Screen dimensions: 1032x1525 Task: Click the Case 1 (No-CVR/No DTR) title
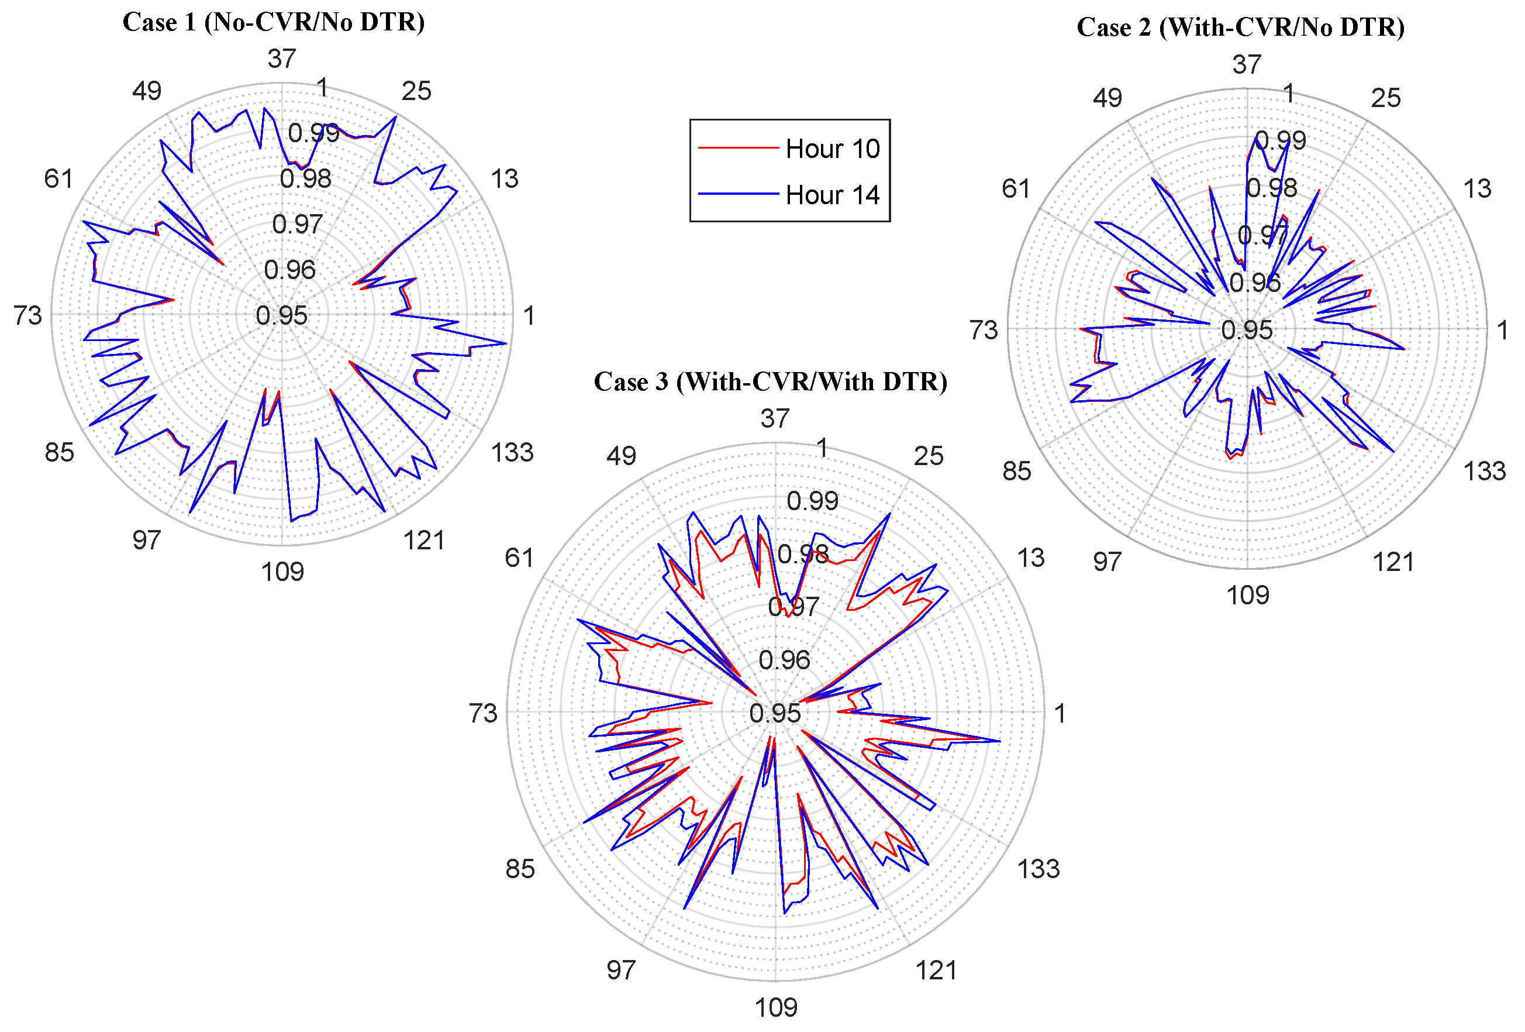click(274, 22)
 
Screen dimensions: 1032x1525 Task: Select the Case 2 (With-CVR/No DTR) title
click(1240, 27)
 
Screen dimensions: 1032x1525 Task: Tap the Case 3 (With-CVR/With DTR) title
click(770, 381)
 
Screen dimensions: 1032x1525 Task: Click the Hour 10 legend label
click(832, 149)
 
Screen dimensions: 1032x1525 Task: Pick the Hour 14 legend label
click(832, 195)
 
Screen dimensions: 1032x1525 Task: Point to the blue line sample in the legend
click(737, 194)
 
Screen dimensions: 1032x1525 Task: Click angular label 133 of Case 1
click(512, 452)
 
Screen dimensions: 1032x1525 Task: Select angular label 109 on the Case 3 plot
click(775, 1007)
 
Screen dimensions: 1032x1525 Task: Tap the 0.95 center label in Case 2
click(1246, 330)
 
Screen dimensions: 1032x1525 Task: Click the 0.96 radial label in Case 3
click(784, 660)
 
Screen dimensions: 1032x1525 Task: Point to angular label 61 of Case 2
click(1015, 189)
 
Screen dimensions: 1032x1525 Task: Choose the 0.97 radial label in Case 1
click(297, 225)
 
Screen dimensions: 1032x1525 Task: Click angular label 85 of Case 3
click(520, 869)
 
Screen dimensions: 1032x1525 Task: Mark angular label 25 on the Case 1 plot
click(416, 91)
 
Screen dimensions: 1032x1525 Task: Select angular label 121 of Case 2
click(1393, 562)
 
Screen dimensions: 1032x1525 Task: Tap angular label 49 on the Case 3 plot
click(621, 456)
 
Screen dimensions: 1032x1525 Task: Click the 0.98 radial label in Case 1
click(305, 178)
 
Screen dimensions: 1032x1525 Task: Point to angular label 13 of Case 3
click(1030, 558)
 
